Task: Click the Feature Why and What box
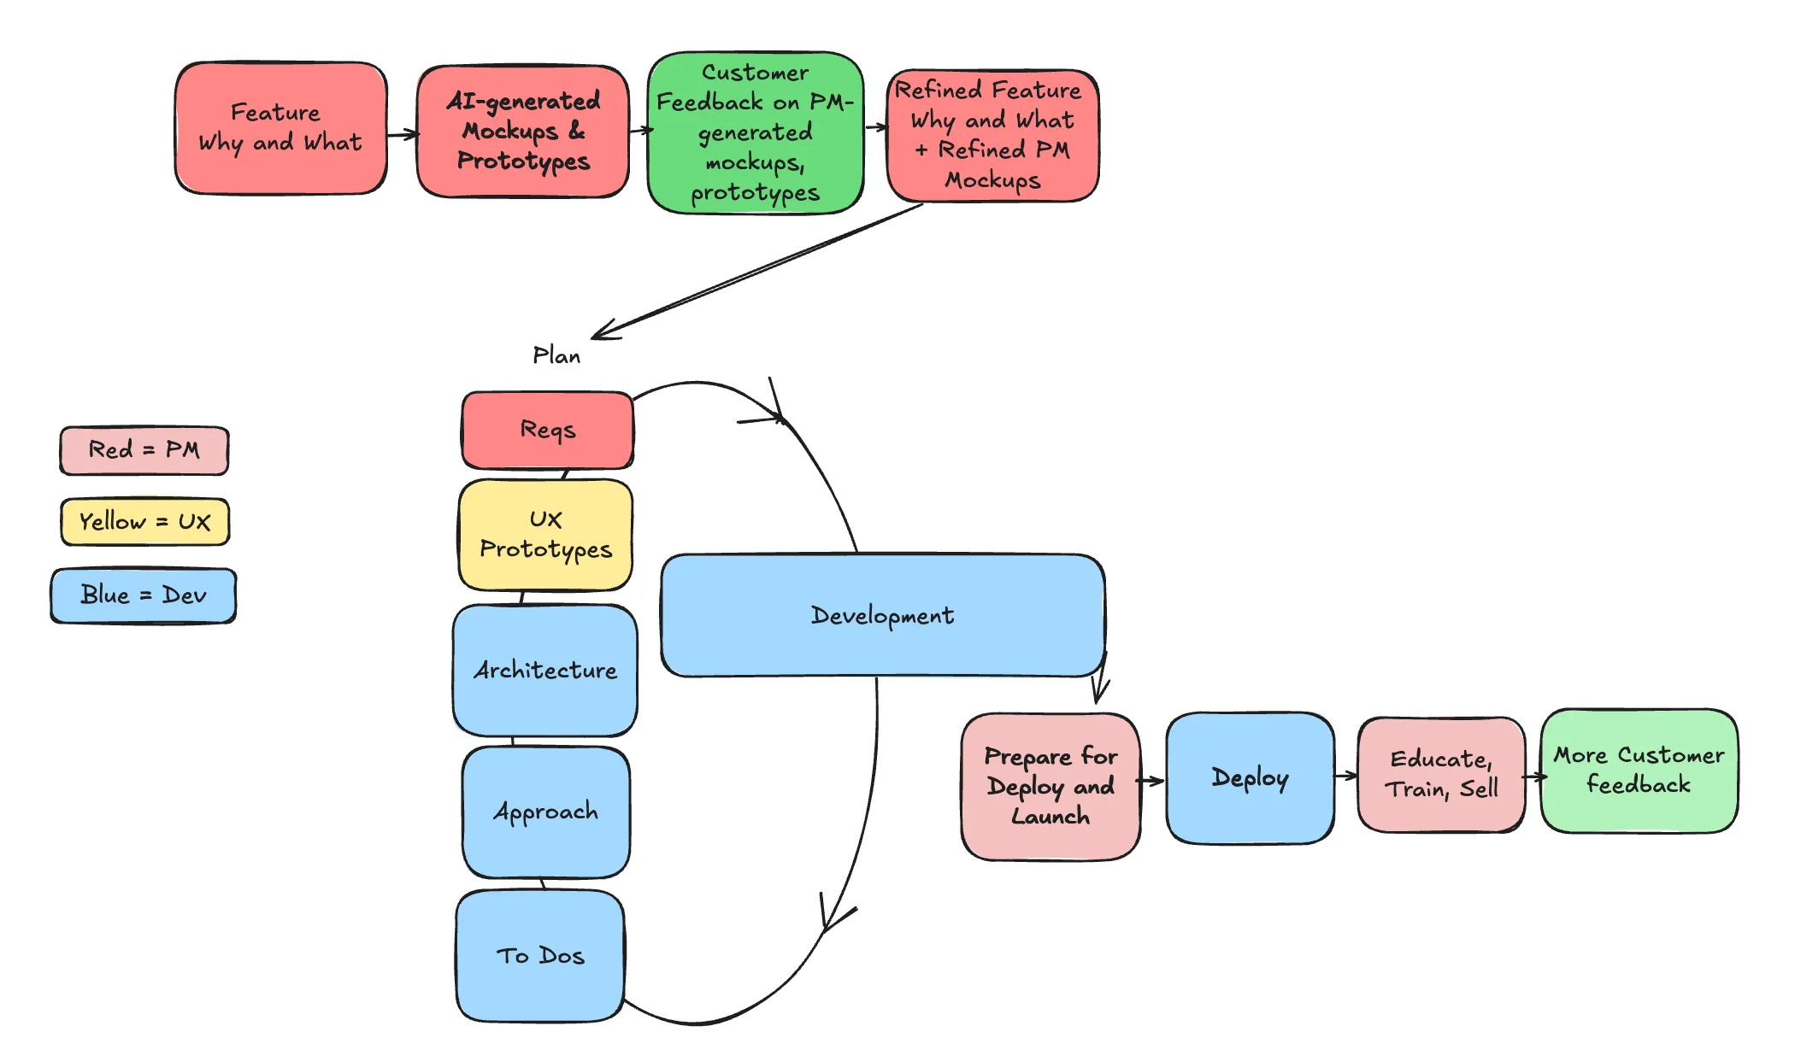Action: click(280, 128)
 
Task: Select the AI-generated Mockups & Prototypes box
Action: click(523, 132)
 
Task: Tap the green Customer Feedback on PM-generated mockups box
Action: click(755, 132)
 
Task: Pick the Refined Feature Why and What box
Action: click(992, 135)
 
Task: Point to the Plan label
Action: click(556, 355)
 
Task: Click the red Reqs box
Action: click(547, 430)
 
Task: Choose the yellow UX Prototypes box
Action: click(545, 535)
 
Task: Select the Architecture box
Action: click(545, 670)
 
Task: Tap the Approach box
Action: click(545, 812)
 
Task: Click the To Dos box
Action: click(540, 955)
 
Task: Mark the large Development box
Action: click(882, 615)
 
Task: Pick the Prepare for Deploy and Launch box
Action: click(1050, 786)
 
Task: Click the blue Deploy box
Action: click(1250, 777)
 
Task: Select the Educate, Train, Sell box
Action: click(1441, 774)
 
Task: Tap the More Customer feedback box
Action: click(1639, 771)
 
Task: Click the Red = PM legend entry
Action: click(144, 450)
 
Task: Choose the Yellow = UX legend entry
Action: click(144, 521)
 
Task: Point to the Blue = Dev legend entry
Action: click(144, 595)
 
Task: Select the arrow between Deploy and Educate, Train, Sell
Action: click(1346, 776)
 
